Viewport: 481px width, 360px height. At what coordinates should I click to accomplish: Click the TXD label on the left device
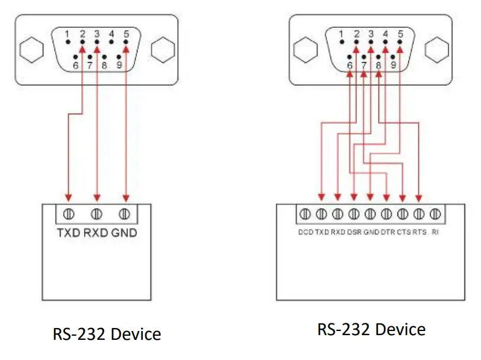tap(69, 233)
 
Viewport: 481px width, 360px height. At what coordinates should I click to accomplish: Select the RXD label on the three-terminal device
tap(97, 233)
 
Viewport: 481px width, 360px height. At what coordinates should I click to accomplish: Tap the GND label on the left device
tap(124, 233)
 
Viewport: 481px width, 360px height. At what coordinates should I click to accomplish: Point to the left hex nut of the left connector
tap(29, 50)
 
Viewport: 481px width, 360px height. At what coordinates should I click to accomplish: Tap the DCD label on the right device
tap(306, 233)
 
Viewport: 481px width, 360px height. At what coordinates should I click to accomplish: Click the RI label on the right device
tap(435, 233)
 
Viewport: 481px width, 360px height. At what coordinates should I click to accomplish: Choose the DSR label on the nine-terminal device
tap(354, 233)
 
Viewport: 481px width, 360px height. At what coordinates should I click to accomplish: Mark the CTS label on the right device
tap(403, 233)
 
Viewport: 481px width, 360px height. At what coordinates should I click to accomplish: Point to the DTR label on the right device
tap(386, 233)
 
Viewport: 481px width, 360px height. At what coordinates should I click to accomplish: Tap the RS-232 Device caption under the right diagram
tap(371, 329)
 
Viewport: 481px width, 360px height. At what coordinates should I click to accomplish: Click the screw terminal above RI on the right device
tap(435, 213)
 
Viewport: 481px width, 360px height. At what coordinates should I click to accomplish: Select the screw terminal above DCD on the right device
tap(306, 213)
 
